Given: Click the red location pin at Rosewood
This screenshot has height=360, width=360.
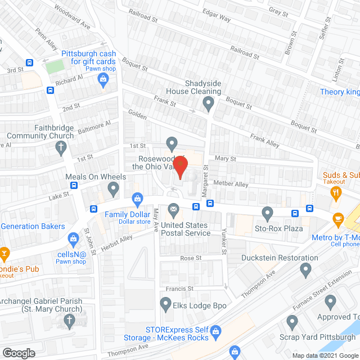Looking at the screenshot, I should (179, 166).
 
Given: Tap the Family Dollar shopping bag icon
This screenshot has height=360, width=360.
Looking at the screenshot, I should (137, 198).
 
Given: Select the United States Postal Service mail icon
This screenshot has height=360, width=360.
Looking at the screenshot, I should (173, 211).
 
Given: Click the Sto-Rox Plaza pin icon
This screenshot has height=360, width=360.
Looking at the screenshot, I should (268, 213).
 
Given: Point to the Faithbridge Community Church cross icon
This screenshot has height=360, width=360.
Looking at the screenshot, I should (62, 148).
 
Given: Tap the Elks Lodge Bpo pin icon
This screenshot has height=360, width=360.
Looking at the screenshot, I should (165, 305).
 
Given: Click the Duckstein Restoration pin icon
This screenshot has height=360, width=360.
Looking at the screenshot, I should (306, 271).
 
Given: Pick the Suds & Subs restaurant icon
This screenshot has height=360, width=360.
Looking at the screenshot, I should (337, 193).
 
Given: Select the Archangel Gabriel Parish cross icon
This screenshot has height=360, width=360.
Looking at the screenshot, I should (69, 321).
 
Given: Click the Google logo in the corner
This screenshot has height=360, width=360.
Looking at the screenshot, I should (19, 353).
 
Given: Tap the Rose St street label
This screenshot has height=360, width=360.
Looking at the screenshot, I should (191, 258).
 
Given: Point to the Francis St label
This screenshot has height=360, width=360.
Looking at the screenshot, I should (181, 289).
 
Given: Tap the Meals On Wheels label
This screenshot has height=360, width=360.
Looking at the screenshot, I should (96, 177).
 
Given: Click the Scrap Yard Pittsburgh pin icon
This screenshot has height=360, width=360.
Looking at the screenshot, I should (291, 323).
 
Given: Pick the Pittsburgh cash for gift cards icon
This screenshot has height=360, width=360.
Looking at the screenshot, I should (103, 79).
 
